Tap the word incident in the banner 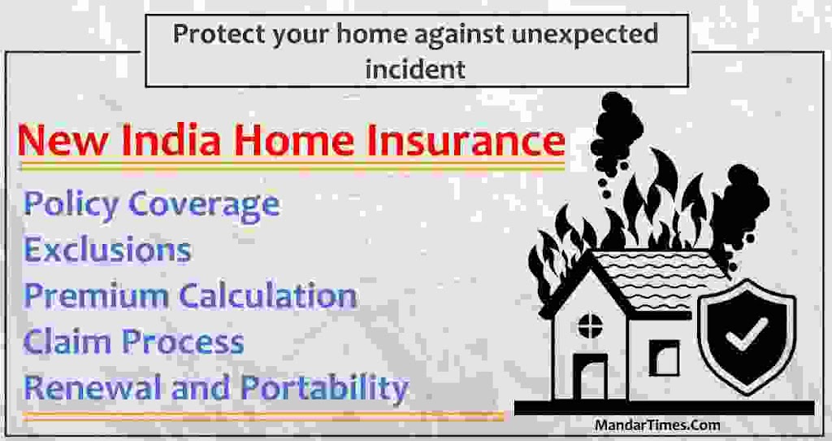coord(415,68)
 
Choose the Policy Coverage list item coord(151,204)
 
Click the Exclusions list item coord(107,249)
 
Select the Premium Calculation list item coord(190,295)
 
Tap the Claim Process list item coord(134,341)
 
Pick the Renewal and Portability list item coord(216,388)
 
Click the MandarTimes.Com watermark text coord(657,426)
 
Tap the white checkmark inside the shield coord(747,334)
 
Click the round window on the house coord(590,325)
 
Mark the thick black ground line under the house coord(664,408)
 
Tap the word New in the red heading coord(62,140)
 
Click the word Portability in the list coord(324,388)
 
